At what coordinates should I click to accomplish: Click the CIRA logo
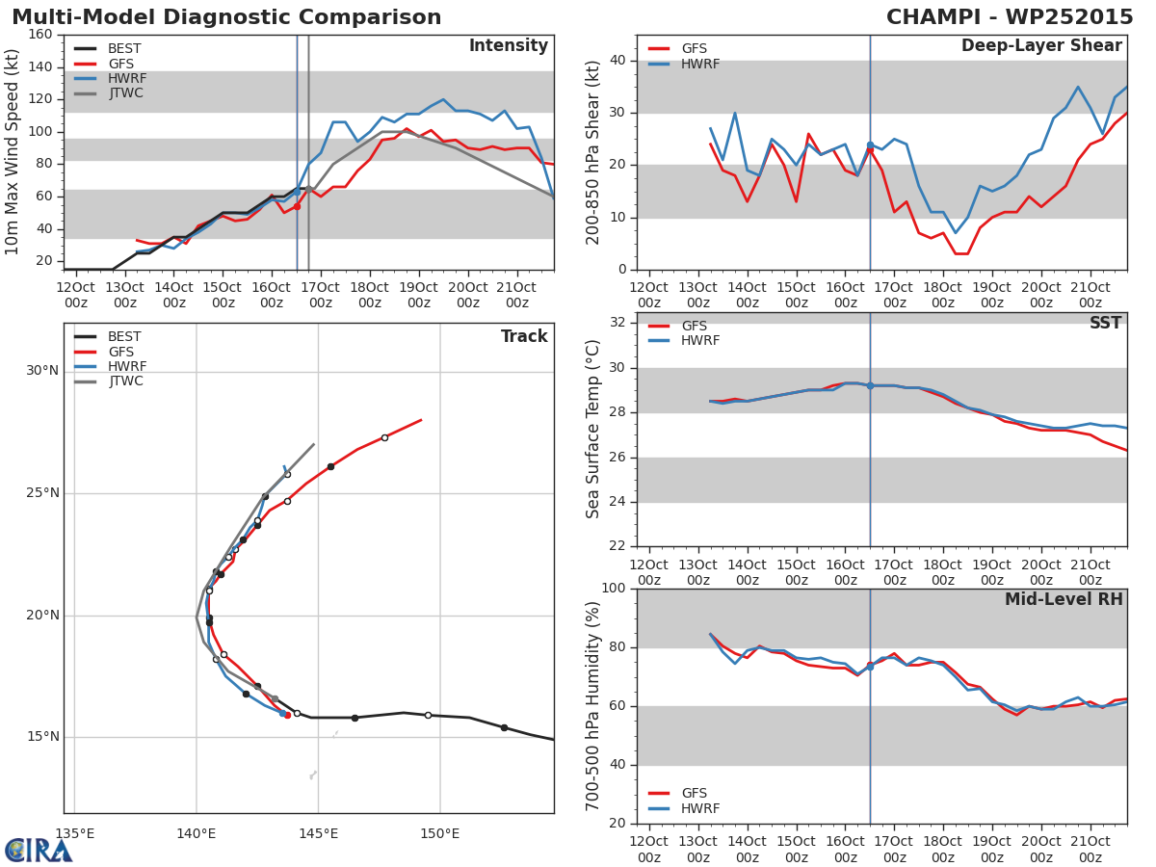point(38,851)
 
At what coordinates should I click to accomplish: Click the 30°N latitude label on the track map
point(42,371)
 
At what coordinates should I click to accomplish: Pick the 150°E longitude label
point(439,834)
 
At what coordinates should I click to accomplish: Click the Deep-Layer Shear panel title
point(1041,46)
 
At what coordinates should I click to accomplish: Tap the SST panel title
point(1106,323)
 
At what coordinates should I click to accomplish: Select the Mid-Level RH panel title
point(1064,599)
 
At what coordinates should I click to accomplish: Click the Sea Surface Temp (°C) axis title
point(592,429)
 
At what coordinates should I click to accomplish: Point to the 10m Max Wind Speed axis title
point(12,152)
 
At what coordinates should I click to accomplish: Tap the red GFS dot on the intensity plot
point(297,207)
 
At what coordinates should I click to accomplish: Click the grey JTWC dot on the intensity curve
point(308,189)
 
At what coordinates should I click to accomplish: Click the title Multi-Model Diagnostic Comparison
point(226,17)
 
